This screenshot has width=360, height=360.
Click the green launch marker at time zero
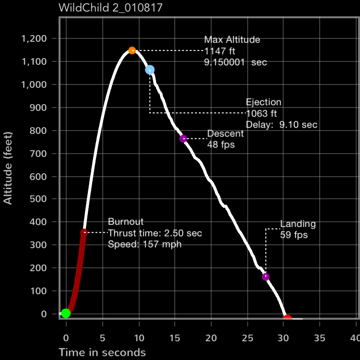click(x=66, y=313)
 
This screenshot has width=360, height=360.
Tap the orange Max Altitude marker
click(x=132, y=50)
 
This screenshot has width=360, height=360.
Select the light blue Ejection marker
click(x=150, y=70)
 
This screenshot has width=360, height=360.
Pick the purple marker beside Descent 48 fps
click(x=183, y=139)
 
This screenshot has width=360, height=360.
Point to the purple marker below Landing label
click(x=266, y=276)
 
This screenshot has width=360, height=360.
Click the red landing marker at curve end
click(x=288, y=318)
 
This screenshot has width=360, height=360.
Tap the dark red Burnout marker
click(x=84, y=232)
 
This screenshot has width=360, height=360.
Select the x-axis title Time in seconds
click(x=102, y=352)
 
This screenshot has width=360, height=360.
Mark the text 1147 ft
click(x=219, y=51)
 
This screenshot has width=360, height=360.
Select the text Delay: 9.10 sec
click(x=281, y=125)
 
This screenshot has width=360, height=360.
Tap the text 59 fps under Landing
click(x=294, y=235)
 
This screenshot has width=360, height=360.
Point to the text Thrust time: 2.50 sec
click(x=155, y=233)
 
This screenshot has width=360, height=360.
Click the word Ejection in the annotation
click(x=264, y=102)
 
